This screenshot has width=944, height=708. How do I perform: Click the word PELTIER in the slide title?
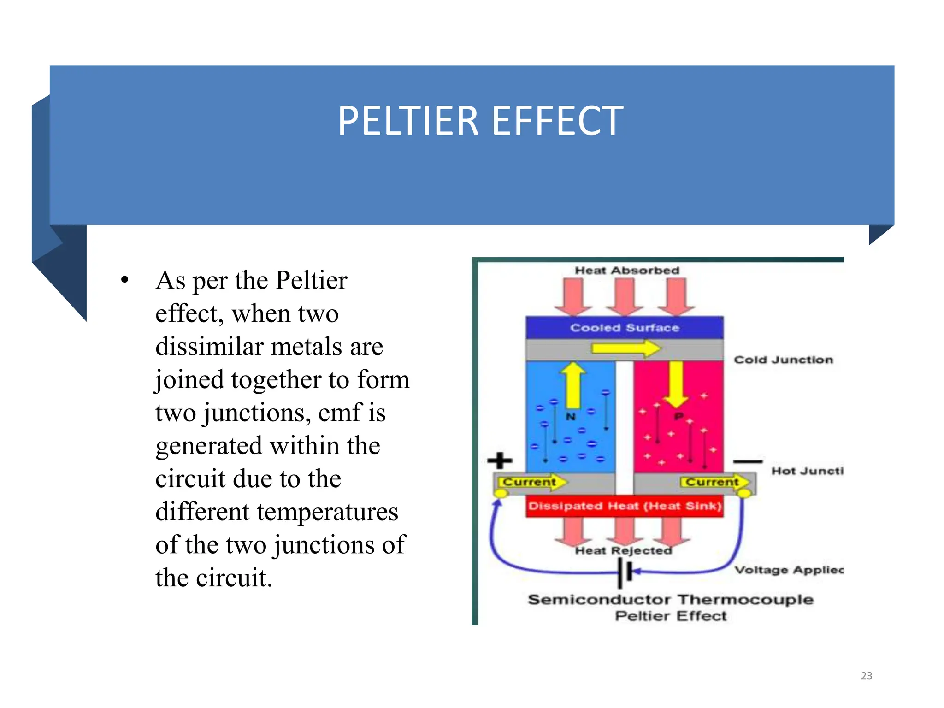click(x=408, y=121)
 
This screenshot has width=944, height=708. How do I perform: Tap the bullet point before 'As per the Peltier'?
click(x=124, y=280)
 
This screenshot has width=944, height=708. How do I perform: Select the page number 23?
click(x=866, y=676)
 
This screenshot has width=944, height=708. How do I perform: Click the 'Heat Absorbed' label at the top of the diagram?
click(x=626, y=271)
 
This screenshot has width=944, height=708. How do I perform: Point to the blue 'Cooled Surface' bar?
click(x=624, y=328)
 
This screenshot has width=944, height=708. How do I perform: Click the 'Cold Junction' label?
click(x=783, y=360)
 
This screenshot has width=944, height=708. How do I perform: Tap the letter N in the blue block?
click(x=571, y=417)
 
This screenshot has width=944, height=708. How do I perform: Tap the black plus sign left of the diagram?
click(x=500, y=460)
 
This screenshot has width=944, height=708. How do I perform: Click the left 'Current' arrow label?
click(x=530, y=482)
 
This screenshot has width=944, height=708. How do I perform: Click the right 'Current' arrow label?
click(x=713, y=482)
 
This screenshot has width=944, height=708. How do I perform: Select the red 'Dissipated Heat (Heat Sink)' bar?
click(x=624, y=506)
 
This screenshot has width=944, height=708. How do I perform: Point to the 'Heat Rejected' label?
click(x=623, y=550)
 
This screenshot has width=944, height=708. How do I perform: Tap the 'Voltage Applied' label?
click(x=789, y=570)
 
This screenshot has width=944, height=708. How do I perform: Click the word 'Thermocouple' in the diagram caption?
click(x=745, y=600)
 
